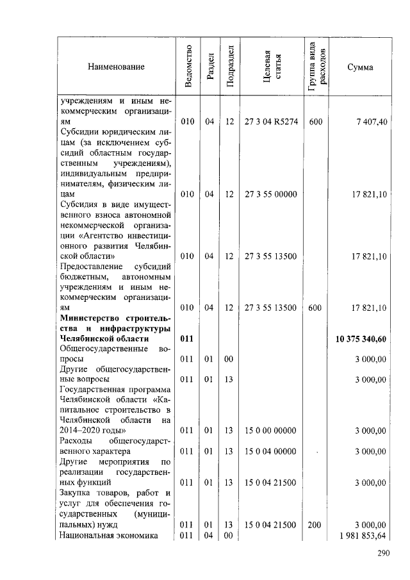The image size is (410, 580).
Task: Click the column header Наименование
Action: click(116, 67)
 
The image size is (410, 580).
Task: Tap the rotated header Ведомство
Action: click(188, 67)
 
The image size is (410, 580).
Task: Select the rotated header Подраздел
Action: click(230, 67)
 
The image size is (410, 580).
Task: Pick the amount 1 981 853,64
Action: click(363, 535)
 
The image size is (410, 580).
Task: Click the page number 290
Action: click(383, 554)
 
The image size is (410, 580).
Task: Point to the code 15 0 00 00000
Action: click(271, 430)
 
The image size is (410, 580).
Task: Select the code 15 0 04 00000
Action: click(271, 452)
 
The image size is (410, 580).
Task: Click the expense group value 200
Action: click(315, 525)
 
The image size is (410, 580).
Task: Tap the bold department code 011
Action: click(186, 338)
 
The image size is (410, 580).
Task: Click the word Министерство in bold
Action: click(89, 318)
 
